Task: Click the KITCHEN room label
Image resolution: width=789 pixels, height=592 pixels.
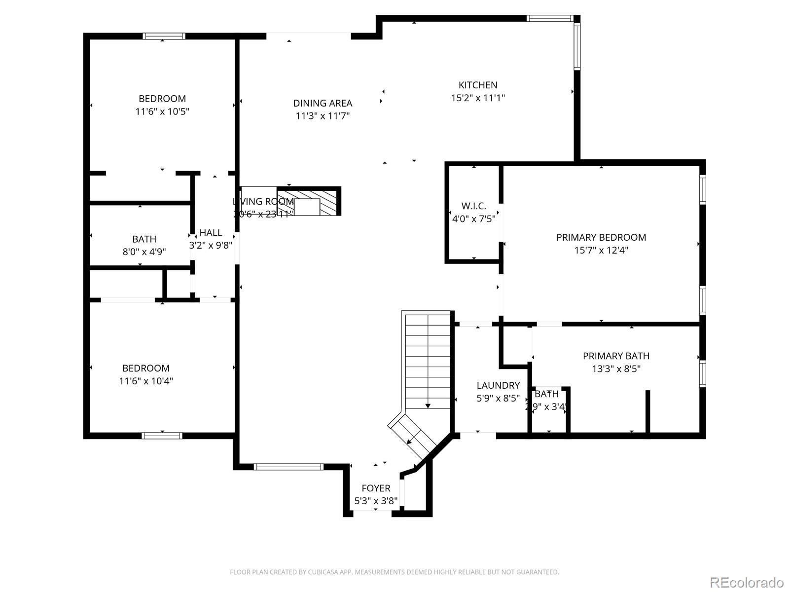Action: [x=478, y=85]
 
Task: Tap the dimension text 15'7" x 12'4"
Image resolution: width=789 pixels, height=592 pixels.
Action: [x=601, y=250]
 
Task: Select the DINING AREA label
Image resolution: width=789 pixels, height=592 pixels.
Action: [x=323, y=103]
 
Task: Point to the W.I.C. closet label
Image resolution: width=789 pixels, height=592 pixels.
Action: [x=473, y=206]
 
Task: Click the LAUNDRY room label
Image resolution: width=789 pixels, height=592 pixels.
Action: [x=498, y=385]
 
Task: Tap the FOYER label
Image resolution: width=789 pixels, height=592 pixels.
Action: [x=376, y=488]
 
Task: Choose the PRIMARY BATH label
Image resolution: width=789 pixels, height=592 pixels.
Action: [x=616, y=356]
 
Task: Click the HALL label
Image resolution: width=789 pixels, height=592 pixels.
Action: [x=211, y=232]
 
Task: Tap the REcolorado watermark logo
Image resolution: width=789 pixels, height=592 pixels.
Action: [x=748, y=582]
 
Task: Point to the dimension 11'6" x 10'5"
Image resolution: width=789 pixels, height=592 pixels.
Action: [x=162, y=111]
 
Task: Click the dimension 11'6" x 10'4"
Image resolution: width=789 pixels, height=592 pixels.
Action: [x=146, y=381]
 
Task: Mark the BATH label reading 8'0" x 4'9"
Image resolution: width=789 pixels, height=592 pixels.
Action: [x=144, y=239]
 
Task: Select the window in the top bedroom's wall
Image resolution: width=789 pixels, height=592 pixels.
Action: [x=164, y=36]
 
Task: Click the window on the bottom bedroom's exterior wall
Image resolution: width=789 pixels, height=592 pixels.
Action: [x=162, y=436]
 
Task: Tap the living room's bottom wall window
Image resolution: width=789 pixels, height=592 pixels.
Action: [x=288, y=467]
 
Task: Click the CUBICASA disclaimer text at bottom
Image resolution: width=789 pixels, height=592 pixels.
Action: [x=394, y=572]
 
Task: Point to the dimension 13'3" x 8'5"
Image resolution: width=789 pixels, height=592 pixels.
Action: [x=616, y=369]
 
